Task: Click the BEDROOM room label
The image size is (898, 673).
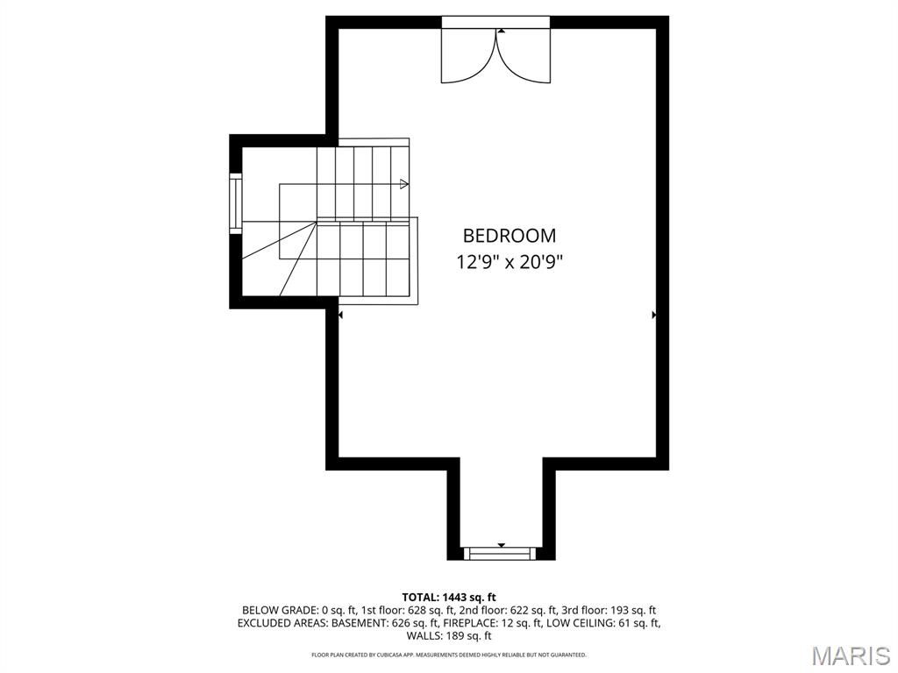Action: [510, 236]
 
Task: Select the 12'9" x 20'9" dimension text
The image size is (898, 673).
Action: [510, 262]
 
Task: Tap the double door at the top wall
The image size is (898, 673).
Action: [496, 55]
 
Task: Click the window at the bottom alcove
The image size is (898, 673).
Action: [501, 554]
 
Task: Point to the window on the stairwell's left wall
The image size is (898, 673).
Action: [235, 203]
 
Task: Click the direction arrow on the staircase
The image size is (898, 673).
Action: [404, 184]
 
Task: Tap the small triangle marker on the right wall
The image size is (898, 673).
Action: [654, 315]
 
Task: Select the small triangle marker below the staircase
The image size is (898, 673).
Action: [341, 315]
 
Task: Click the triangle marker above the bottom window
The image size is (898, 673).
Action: [502, 545]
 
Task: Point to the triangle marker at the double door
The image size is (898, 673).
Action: [502, 32]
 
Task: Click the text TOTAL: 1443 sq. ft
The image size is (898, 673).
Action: [449, 598]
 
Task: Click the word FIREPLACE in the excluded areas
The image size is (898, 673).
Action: [469, 623]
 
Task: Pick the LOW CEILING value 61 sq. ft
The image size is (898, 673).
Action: [638, 623]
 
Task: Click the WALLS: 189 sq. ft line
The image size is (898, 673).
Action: [449, 636]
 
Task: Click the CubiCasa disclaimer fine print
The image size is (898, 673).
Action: [449, 654]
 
